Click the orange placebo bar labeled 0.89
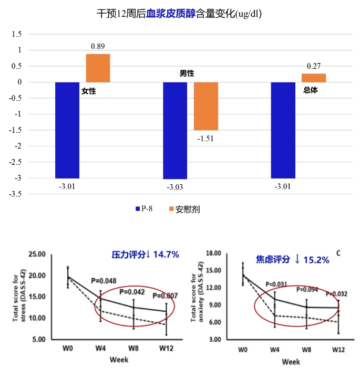click(x=98, y=68)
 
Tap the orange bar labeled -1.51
click(x=206, y=106)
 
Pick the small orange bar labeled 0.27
click(x=314, y=78)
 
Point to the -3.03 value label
click(x=176, y=187)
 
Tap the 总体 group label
click(x=311, y=90)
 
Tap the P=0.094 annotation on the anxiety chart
click(x=307, y=289)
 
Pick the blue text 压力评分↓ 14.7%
click(x=146, y=255)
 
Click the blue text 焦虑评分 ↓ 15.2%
click(x=292, y=259)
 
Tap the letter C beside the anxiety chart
click(x=339, y=254)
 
